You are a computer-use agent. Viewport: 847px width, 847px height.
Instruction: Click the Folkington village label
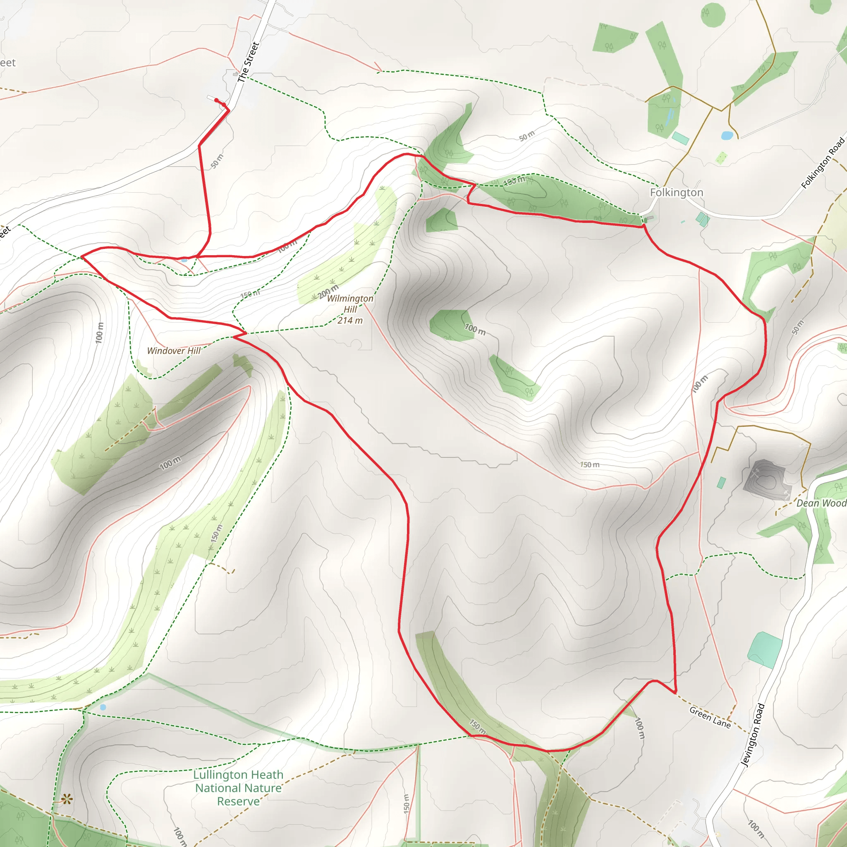[676, 192]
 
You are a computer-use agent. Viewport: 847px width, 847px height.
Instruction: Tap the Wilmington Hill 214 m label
[350, 309]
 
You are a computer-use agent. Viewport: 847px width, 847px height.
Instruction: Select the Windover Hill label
[174, 351]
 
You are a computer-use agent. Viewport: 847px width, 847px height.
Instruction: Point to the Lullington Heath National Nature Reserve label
[239, 788]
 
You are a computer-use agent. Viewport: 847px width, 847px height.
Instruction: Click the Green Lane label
[710, 717]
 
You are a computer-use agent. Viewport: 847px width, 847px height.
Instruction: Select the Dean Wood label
[821, 503]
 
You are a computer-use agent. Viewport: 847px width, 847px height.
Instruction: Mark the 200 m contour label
[328, 292]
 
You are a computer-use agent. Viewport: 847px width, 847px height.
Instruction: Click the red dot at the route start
[217, 100]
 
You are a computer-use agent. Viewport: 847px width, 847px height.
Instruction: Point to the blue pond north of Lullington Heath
[103, 707]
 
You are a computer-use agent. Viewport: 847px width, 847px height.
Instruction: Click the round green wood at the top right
[713, 14]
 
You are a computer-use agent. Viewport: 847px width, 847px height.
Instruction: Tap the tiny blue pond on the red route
[184, 260]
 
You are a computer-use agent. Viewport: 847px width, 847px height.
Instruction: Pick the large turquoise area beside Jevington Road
[765, 650]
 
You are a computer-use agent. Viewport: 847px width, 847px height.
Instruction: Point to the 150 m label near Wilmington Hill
[250, 294]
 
